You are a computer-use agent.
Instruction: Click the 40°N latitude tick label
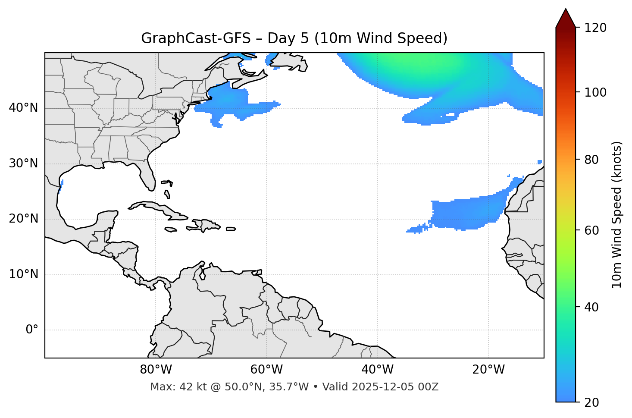[23, 108]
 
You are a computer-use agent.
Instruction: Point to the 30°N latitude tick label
[23, 163]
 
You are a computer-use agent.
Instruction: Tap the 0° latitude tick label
[32, 330]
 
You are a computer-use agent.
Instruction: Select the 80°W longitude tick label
[156, 370]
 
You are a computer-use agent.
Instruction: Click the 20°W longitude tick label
[488, 370]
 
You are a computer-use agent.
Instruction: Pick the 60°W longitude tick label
[266, 370]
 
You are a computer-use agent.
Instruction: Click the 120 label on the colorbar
[595, 28]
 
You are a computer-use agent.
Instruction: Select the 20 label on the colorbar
[592, 402]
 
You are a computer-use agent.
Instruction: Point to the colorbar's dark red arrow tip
[566, 13]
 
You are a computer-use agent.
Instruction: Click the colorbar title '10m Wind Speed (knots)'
[617, 214]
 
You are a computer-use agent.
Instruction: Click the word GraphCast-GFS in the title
[196, 38]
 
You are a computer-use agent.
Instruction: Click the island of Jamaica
[171, 229]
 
